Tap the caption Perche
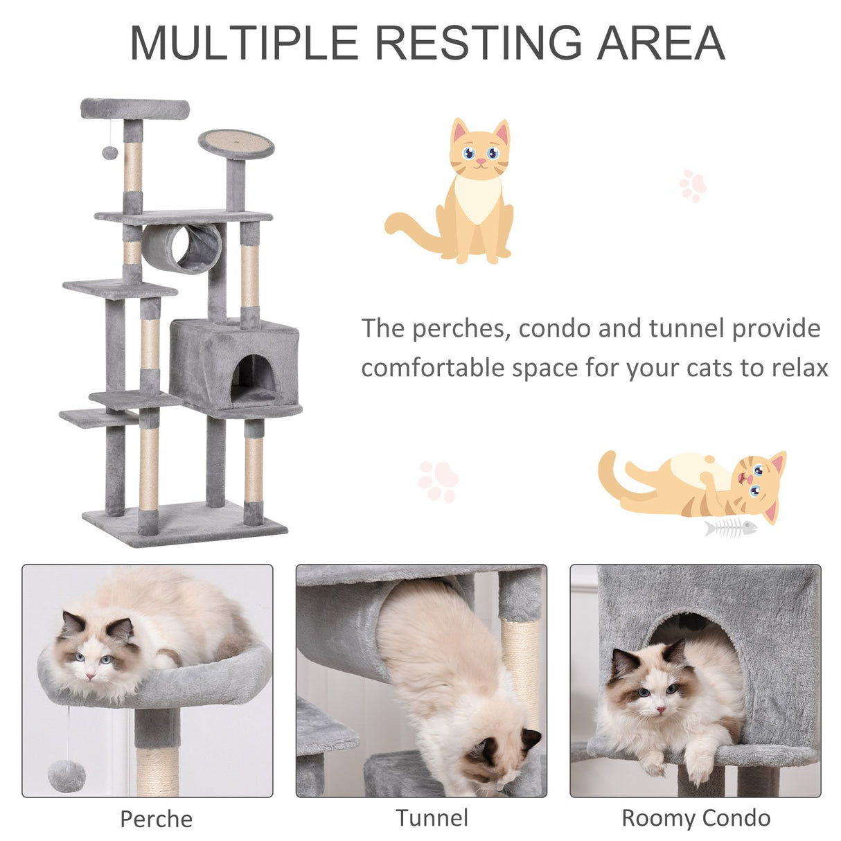(x=156, y=819)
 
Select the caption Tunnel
(x=432, y=818)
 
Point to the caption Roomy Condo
(x=696, y=818)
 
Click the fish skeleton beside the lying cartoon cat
(x=729, y=528)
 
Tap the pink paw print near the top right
(x=692, y=186)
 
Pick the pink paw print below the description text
(x=438, y=480)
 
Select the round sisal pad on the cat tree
(x=236, y=143)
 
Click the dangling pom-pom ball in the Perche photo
(x=67, y=775)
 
